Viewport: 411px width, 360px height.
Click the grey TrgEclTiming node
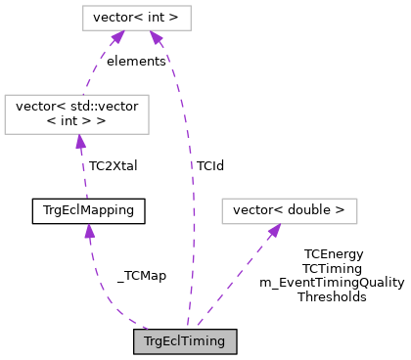185,341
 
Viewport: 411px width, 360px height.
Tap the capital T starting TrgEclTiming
148,341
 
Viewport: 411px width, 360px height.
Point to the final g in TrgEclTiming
220,343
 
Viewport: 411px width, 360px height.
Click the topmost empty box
136,18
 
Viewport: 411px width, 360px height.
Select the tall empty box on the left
76,113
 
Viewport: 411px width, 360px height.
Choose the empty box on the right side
289,211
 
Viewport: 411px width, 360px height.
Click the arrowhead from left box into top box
117,37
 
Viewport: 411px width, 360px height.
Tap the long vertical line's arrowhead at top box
156,37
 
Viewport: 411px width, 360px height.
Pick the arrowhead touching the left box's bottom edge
80,142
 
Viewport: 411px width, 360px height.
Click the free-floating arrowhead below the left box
89,232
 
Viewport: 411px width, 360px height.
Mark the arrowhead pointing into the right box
274,231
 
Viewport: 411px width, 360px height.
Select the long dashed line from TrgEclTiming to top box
192,196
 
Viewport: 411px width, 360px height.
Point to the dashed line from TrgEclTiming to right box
235,279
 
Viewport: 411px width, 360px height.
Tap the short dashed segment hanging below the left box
84,176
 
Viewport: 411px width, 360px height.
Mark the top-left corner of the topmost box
83,6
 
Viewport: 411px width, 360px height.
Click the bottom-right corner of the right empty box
357,224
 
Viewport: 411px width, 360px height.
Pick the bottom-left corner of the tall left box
5,133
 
